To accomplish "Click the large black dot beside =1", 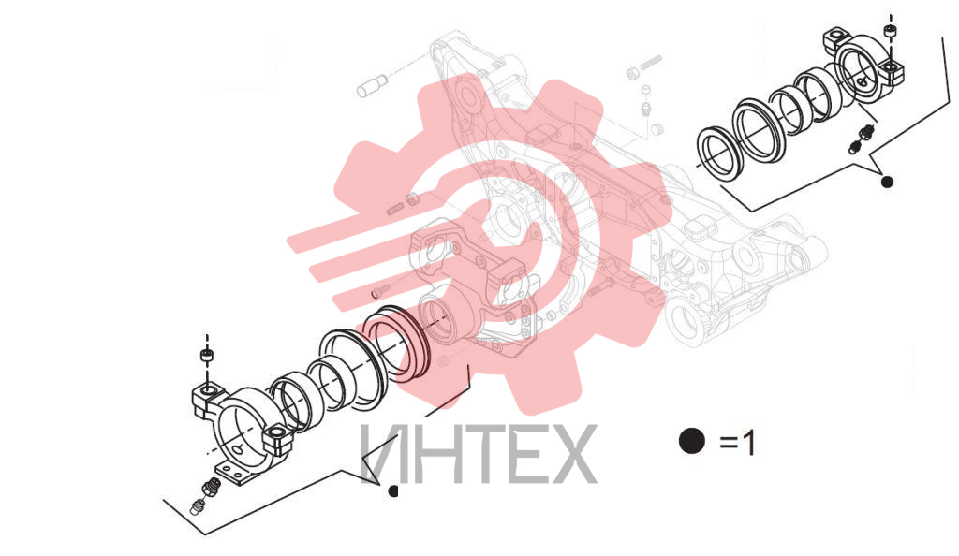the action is pyautogui.click(x=692, y=441).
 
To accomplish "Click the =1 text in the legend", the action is pyautogui.click(x=738, y=443).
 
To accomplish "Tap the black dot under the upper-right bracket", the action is pyautogui.click(x=887, y=182).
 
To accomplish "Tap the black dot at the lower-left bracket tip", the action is pyautogui.click(x=393, y=490).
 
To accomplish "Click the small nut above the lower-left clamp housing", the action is pyautogui.click(x=207, y=355).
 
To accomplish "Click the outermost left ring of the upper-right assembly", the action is pyautogui.click(x=719, y=154).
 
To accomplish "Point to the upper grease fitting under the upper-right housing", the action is pyautogui.click(x=865, y=131).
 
